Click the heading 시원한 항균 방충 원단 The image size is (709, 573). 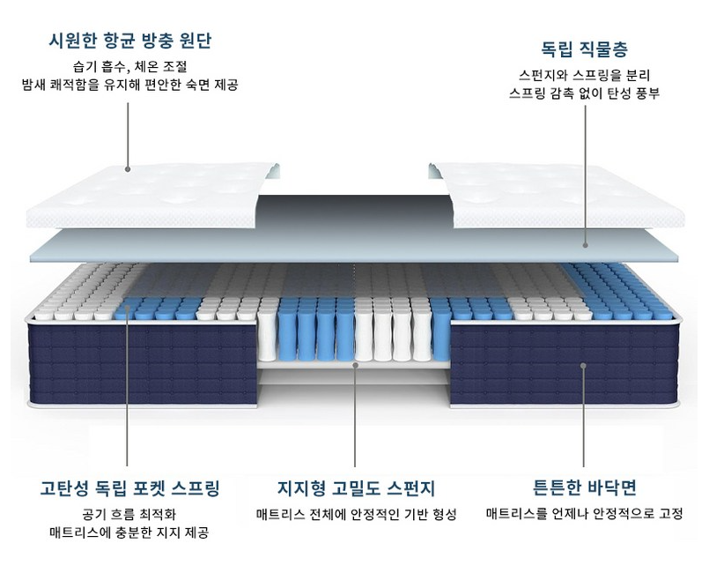(130, 41)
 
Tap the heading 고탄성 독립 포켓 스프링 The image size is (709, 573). (130, 487)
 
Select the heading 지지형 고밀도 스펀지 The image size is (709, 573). (356, 487)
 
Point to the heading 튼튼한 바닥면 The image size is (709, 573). (585, 487)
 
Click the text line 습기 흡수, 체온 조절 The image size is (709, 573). (130, 66)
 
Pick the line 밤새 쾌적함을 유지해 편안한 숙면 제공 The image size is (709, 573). (130, 86)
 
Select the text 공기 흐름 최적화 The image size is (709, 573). (130, 514)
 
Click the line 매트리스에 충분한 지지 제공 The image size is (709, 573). (130, 532)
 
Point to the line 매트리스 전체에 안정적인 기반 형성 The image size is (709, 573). (356, 514)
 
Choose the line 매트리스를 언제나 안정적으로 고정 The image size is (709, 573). (585, 514)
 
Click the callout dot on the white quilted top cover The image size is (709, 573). (128, 169)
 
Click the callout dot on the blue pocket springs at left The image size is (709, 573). (128, 309)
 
